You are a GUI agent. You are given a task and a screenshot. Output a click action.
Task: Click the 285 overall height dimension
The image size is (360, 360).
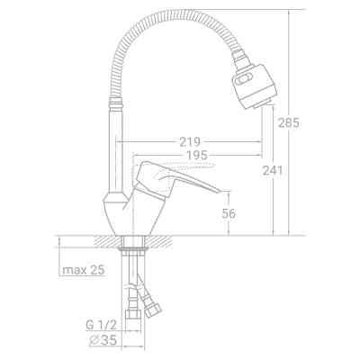click(x=288, y=122)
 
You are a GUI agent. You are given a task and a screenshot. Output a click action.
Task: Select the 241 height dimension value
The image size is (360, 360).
click(x=273, y=170)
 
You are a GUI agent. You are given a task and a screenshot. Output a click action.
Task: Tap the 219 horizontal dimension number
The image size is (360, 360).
click(x=190, y=141)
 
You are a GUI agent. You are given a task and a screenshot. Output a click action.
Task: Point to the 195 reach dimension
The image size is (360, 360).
click(x=197, y=155)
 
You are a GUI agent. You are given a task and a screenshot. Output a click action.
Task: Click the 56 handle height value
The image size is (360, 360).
click(x=229, y=213)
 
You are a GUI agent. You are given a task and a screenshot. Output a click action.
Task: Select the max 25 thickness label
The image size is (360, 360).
click(x=84, y=270)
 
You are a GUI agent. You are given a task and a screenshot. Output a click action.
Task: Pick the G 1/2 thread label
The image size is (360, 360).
click(x=101, y=325)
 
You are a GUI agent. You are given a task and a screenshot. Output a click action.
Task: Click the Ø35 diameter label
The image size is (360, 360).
click(x=103, y=340)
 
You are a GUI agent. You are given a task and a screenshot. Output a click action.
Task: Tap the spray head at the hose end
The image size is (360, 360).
click(x=254, y=84)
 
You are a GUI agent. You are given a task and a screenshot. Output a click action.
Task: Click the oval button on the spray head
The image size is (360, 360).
click(x=242, y=81)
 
